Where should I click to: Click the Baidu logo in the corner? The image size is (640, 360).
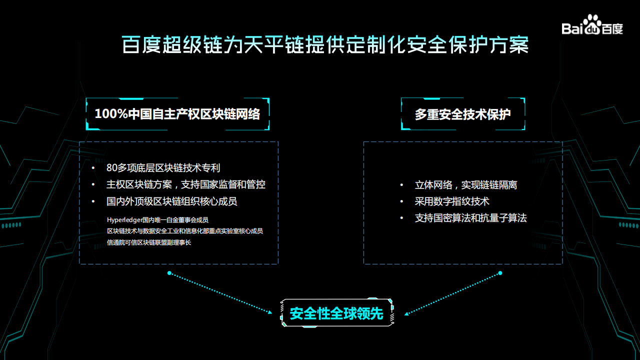pos(592,25)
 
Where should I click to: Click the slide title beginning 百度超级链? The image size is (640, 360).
pos(325,45)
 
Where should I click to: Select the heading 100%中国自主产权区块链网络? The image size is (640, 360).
pos(177,114)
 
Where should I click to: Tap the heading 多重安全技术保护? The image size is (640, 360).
pos(462,114)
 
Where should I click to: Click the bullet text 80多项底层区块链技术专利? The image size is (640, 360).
pos(163,168)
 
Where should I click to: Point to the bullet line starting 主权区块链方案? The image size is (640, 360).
pos(185,184)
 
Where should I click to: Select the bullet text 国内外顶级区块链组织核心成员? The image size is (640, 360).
pos(171,201)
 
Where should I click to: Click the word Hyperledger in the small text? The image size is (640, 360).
pos(124,219)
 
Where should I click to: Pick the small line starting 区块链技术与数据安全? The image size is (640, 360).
pos(184,231)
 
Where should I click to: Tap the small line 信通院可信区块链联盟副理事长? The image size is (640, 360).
pos(149,242)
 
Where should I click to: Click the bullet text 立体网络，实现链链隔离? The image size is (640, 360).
pos(465,185)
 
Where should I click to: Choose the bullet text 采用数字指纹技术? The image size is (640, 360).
pos(451,201)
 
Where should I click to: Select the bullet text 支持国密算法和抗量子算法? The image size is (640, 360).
pos(470,218)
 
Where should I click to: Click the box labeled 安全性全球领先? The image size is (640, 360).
pos(336,313)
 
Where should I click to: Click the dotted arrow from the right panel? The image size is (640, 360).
pos(452,293)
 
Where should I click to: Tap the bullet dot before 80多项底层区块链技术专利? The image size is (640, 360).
pos(93,168)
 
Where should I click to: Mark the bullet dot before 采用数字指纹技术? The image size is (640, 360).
pos(401,202)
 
